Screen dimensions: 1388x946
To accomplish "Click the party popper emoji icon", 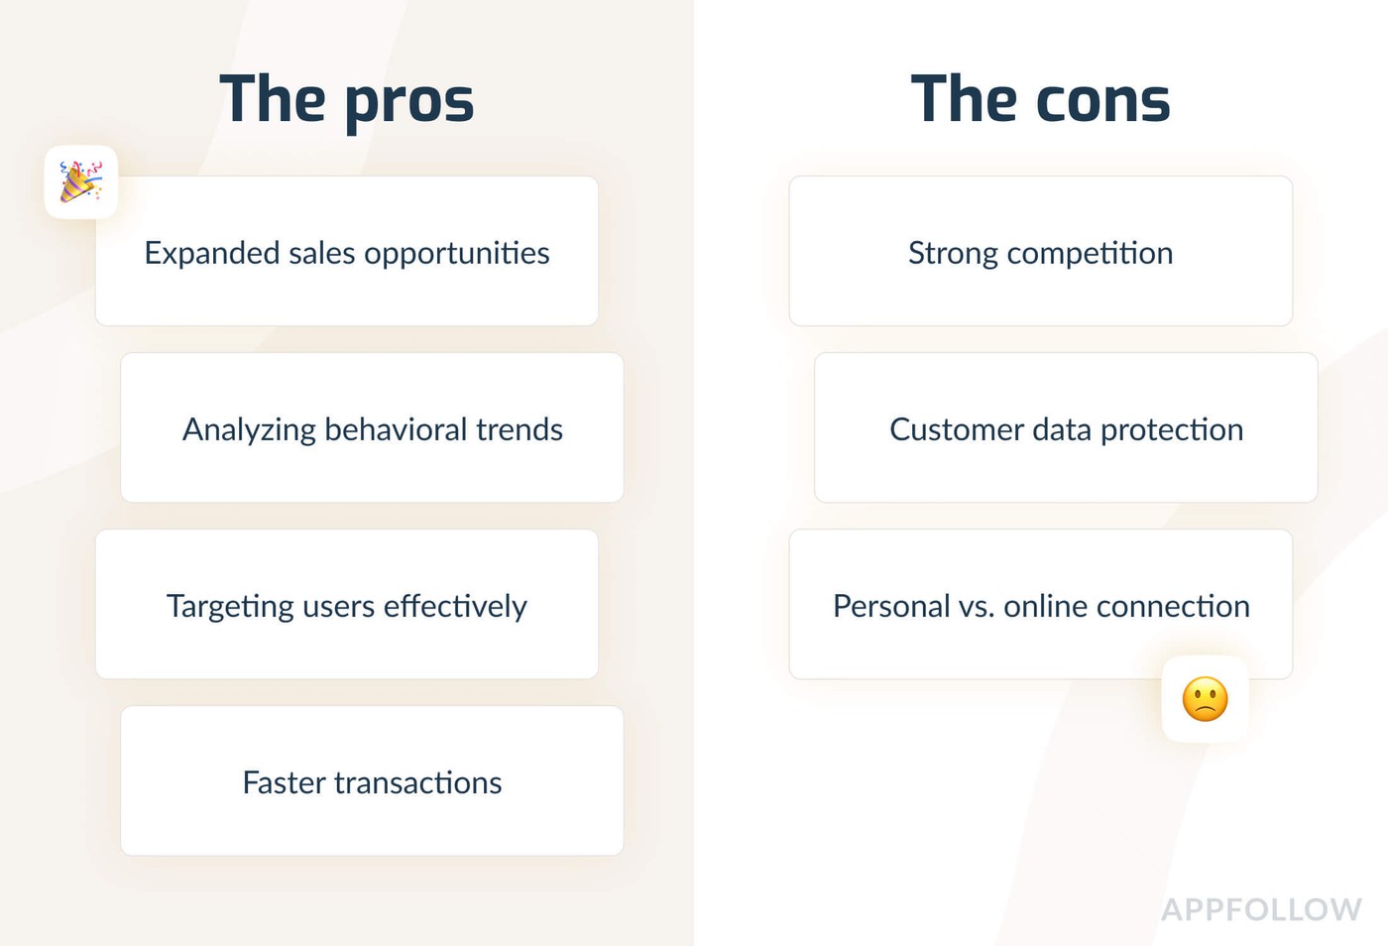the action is point(80,181).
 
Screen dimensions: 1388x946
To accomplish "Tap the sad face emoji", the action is point(1205,699).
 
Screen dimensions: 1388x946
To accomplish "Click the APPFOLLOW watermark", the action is point(1261,909).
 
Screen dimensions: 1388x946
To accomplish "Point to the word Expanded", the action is point(212,254).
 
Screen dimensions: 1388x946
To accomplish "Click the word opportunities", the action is point(457,254).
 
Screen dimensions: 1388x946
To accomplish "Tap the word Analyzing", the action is point(249,430).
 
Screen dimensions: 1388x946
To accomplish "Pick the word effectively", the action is point(455,606).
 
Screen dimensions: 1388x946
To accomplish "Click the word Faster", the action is point(284,782).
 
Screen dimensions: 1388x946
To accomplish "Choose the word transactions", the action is point(418,783).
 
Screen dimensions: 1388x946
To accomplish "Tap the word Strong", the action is point(953,254).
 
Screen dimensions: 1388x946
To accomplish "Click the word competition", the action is point(1090,254).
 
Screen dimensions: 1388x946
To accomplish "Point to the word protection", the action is point(1172,430).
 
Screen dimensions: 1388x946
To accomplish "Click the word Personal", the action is point(891,606).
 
